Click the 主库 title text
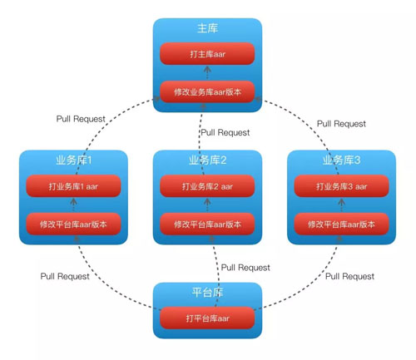tap(207, 28)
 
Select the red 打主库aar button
tap(207, 55)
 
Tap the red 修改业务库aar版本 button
tap(207, 90)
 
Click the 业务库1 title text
tap(73, 160)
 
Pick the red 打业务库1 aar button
tap(73, 187)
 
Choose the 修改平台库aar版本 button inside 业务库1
tap(73, 224)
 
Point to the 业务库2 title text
tap(207, 160)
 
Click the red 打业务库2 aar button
tap(207, 187)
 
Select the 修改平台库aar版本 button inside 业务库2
tap(207, 224)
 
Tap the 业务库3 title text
tap(341, 160)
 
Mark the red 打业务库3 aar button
tap(341, 187)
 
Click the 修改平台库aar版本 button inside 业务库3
tap(341, 224)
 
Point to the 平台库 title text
tap(207, 293)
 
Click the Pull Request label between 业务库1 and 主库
tap(81, 119)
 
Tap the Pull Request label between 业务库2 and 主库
tap(225, 132)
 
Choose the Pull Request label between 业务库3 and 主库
tap(341, 124)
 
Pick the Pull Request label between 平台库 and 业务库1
tap(66, 276)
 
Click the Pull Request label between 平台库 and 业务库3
tap(349, 276)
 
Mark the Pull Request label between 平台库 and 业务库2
tap(245, 268)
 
